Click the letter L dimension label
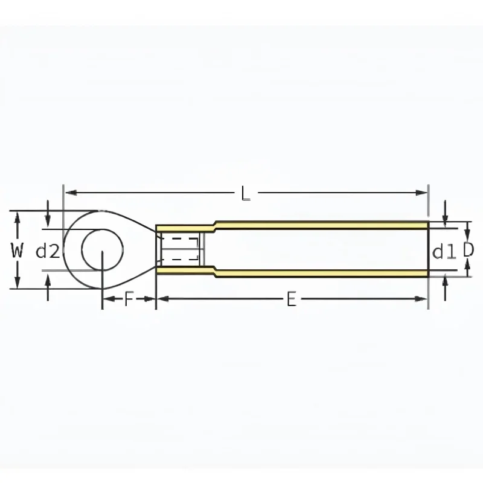pyautogui.click(x=246, y=193)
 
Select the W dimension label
pyautogui.click(x=17, y=250)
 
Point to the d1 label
pyautogui.click(x=444, y=251)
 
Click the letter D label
pyautogui.click(x=469, y=250)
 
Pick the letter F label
pyautogui.click(x=129, y=299)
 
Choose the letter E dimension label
pyautogui.click(x=291, y=299)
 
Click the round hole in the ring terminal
pyautogui.click(x=103, y=249)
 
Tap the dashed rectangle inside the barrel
pyautogui.click(x=180, y=249)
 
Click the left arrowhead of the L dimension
pyautogui.click(x=71, y=193)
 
